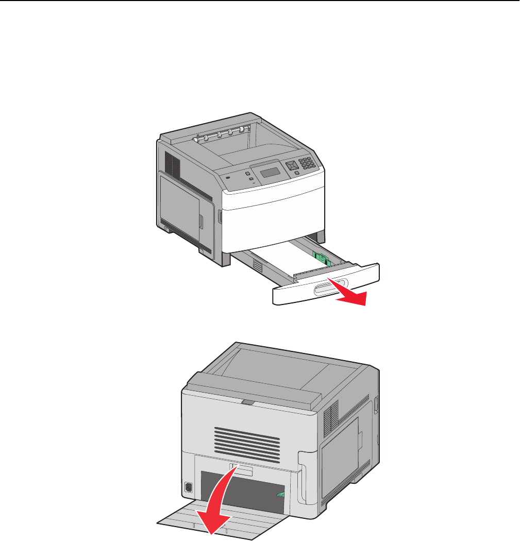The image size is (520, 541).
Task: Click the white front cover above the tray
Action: pos(273,211)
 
